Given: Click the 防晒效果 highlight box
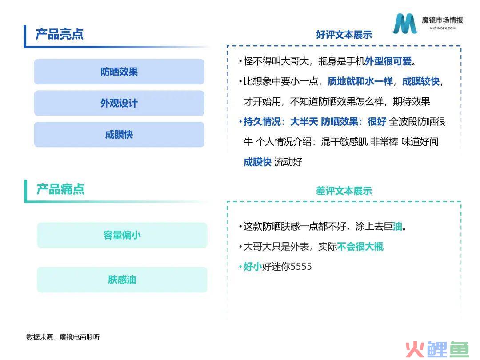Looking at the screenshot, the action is (x=119, y=72).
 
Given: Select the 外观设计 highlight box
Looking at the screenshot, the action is (x=119, y=103).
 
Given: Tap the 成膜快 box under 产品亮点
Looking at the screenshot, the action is (x=119, y=134).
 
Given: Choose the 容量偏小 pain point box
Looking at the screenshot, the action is (x=122, y=235).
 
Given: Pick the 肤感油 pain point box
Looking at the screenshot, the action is (x=122, y=280).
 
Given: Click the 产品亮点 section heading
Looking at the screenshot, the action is (x=60, y=34).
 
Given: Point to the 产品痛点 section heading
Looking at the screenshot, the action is (x=60, y=189).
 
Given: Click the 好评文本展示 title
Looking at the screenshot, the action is (x=344, y=35).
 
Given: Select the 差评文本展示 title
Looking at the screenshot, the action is (x=344, y=191).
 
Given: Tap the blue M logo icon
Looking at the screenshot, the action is (x=405, y=23).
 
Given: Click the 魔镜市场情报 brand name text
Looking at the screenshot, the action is (x=442, y=20).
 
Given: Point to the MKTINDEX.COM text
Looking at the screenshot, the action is (x=442, y=28).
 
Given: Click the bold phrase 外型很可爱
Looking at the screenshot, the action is (x=388, y=61).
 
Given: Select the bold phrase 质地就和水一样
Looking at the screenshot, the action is (x=360, y=81).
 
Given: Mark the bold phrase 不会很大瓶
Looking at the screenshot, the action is (x=360, y=246).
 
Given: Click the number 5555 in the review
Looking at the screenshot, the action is (x=301, y=266).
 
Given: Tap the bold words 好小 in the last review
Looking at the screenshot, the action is (x=252, y=266).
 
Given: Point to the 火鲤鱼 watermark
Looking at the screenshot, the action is (x=437, y=349).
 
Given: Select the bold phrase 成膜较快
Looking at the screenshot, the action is (x=421, y=81).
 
